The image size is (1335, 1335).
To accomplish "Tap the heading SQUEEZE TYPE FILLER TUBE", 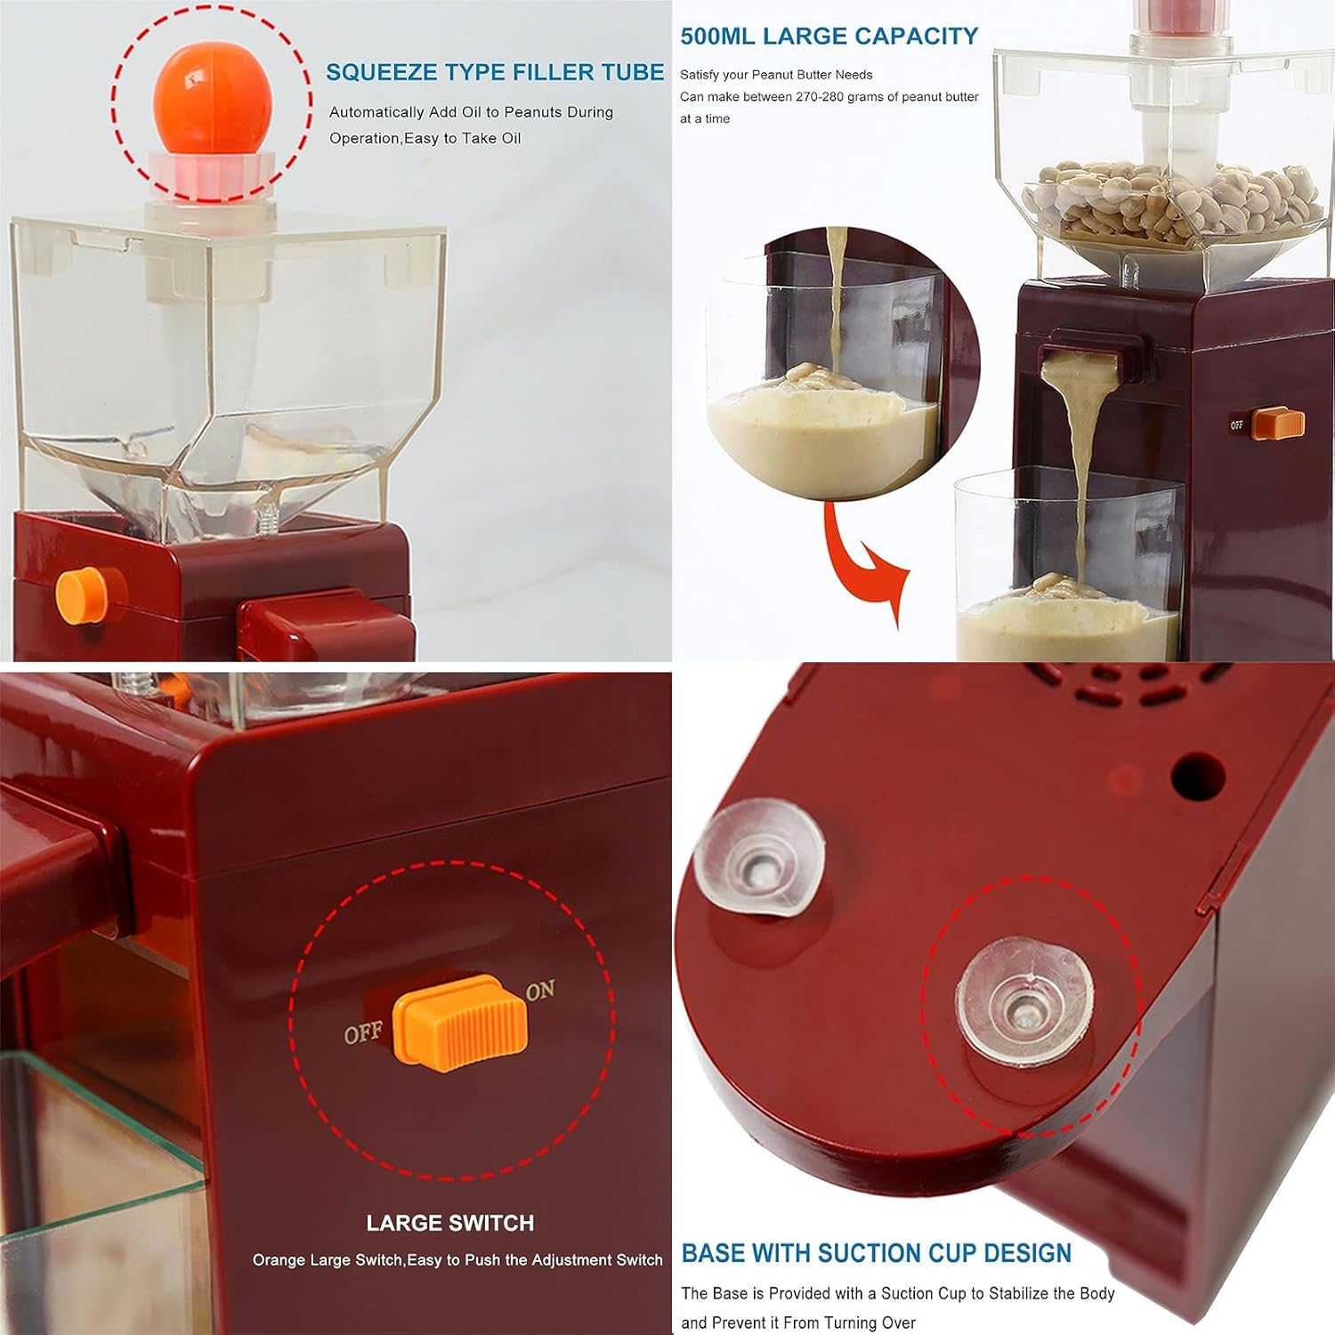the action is pos(495,72).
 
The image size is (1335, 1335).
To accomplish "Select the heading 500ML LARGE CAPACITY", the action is pos(829,36).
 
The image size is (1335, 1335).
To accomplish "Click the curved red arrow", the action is pos(862,561).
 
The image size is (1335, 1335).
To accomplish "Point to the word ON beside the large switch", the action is pos(540,991).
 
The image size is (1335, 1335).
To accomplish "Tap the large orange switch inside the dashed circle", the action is pos(460,1021).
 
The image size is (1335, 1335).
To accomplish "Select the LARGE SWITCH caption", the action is pos(450,1223).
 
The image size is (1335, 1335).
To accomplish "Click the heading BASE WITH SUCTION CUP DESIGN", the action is pos(877,1253).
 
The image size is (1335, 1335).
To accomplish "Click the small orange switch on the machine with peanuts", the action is pos(1278,424).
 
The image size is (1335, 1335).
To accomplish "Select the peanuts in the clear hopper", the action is pos(1173,203).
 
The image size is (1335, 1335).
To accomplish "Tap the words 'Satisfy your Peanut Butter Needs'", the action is pos(776,75).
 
